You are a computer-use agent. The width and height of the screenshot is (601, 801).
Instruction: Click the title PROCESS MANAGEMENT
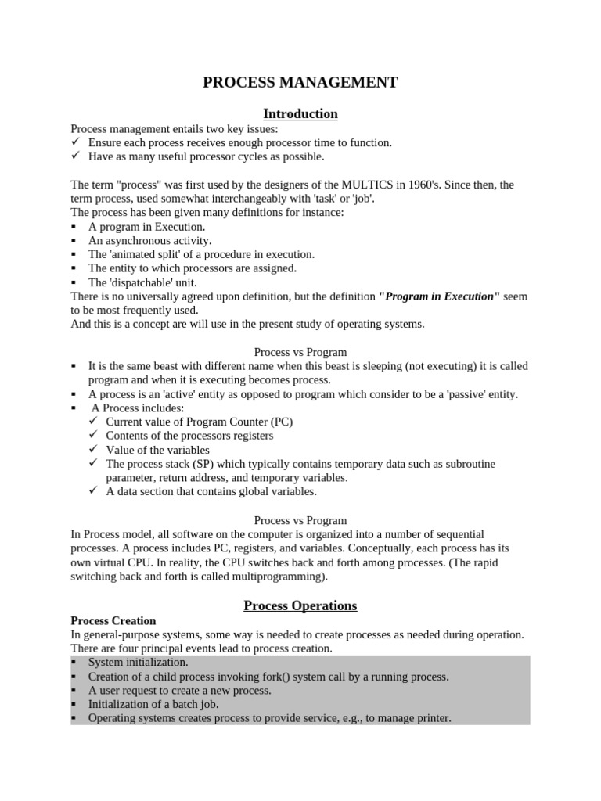click(300, 82)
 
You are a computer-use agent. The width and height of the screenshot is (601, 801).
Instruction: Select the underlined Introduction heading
click(300, 114)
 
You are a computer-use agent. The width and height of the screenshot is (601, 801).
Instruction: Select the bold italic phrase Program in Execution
click(439, 296)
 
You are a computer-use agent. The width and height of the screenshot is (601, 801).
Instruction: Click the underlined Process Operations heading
click(300, 605)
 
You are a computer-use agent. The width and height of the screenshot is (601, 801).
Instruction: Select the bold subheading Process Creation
click(113, 620)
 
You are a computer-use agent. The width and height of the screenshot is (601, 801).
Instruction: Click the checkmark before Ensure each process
click(76, 142)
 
